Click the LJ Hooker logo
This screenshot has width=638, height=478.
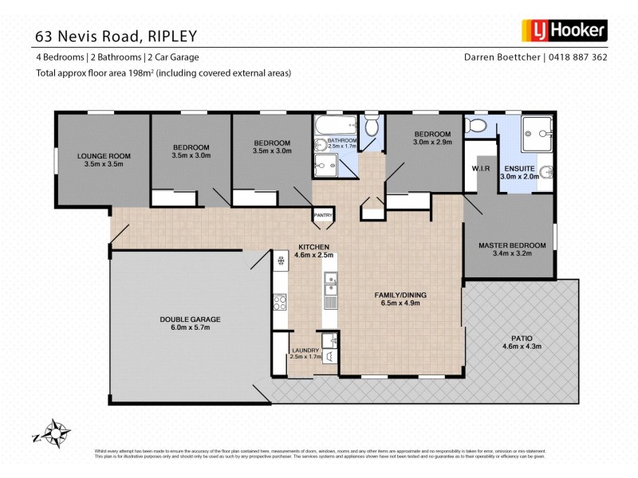565,31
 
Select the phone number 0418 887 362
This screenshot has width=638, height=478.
579,57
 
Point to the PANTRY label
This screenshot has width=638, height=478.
323,214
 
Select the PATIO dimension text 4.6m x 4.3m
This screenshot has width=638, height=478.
521,346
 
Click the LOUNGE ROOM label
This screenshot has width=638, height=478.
104,156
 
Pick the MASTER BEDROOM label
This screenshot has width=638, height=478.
512,245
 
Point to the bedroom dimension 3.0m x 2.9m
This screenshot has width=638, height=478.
432,142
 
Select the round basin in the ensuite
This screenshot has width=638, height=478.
546,170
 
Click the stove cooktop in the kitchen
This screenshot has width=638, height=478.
280,302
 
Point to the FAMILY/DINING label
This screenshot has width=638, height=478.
400,296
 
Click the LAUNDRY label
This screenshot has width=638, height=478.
305,351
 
